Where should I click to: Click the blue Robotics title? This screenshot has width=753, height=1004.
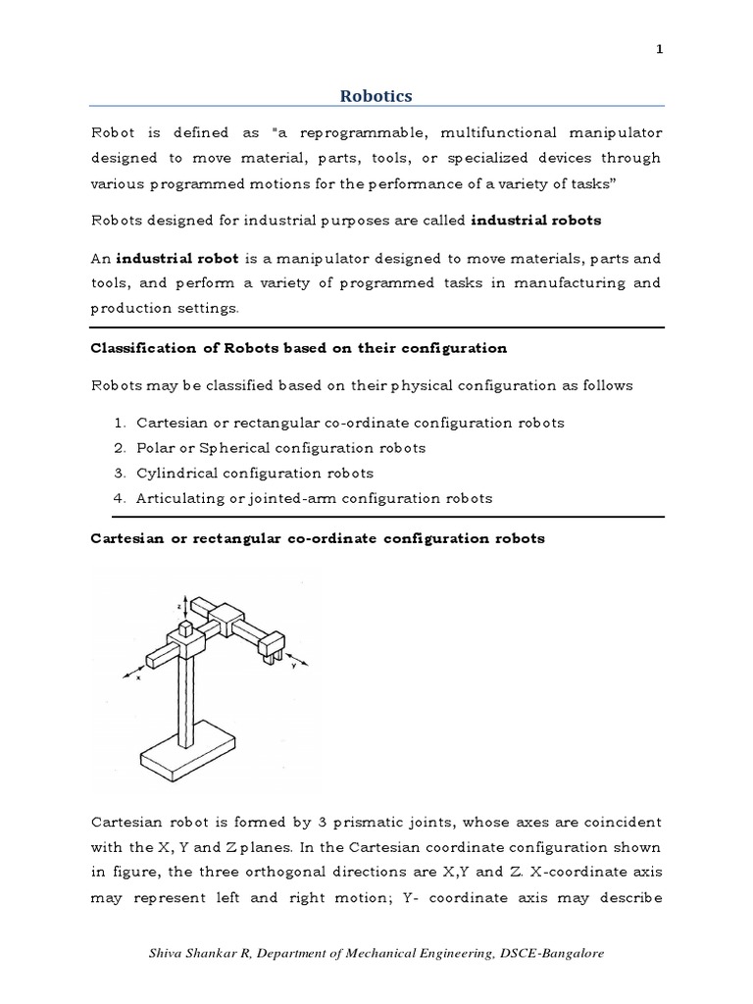[x=376, y=95]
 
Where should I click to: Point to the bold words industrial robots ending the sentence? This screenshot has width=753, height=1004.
[x=535, y=221]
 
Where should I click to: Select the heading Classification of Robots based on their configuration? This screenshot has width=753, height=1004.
[x=298, y=348]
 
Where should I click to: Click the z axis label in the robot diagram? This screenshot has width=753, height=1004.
[x=178, y=607]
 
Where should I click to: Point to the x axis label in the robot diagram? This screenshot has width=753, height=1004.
[x=137, y=677]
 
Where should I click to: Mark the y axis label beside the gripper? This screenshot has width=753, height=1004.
[x=294, y=664]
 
